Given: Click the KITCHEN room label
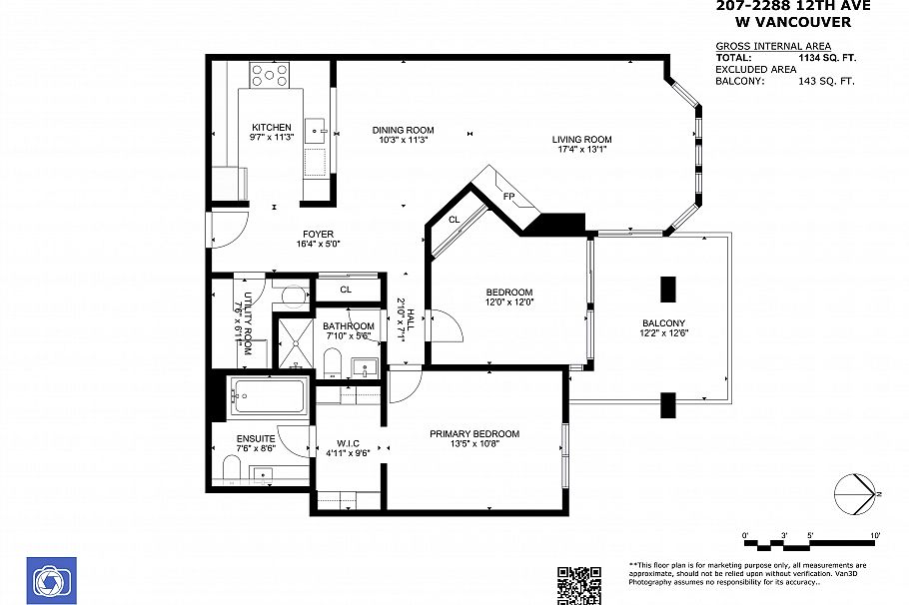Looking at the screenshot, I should click(x=272, y=127).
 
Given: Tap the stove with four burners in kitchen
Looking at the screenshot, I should click(x=270, y=74).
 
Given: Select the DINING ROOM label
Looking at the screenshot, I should click(x=404, y=130).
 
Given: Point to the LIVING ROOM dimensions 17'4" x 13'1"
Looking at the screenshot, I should click(x=583, y=150).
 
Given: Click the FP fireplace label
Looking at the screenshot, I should click(x=508, y=197).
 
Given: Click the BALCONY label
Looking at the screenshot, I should click(x=663, y=323).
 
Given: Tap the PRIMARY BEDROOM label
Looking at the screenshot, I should click(x=474, y=433).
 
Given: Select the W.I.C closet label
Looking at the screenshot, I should click(x=348, y=443).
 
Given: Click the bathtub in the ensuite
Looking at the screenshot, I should click(x=268, y=398).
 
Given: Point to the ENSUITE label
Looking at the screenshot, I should click(x=256, y=438).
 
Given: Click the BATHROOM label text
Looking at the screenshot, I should click(x=349, y=326).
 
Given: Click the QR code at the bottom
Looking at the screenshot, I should click(x=578, y=585).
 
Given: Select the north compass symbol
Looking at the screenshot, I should click(x=854, y=494).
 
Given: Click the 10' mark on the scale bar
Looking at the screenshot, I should click(x=875, y=536).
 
